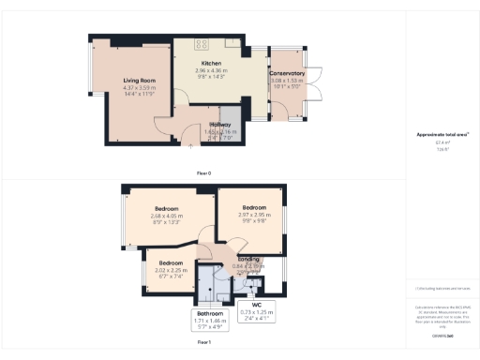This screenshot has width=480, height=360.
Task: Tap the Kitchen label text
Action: click(x=211, y=63)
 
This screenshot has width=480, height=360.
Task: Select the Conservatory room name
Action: click(x=287, y=73)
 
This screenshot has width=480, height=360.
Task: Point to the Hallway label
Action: click(x=219, y=124)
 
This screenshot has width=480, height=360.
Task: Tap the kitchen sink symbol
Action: click(x=232, y=42)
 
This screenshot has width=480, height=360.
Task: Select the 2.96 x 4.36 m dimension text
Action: click(x=211, y=71)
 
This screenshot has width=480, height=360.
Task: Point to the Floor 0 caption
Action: click(x=203, y=173)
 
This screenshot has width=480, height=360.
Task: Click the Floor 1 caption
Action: click(x=203, y=344)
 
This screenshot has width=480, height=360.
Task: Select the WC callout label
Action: click(x=256, y=304)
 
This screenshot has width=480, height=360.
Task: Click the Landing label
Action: click(x=248, y=259)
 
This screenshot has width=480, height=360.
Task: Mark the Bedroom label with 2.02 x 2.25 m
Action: click(x=170, y=263)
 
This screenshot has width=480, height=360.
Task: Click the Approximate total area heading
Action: click(x=442, y=134)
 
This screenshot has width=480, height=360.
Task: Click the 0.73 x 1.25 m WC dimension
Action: click(x=256, y=311)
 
